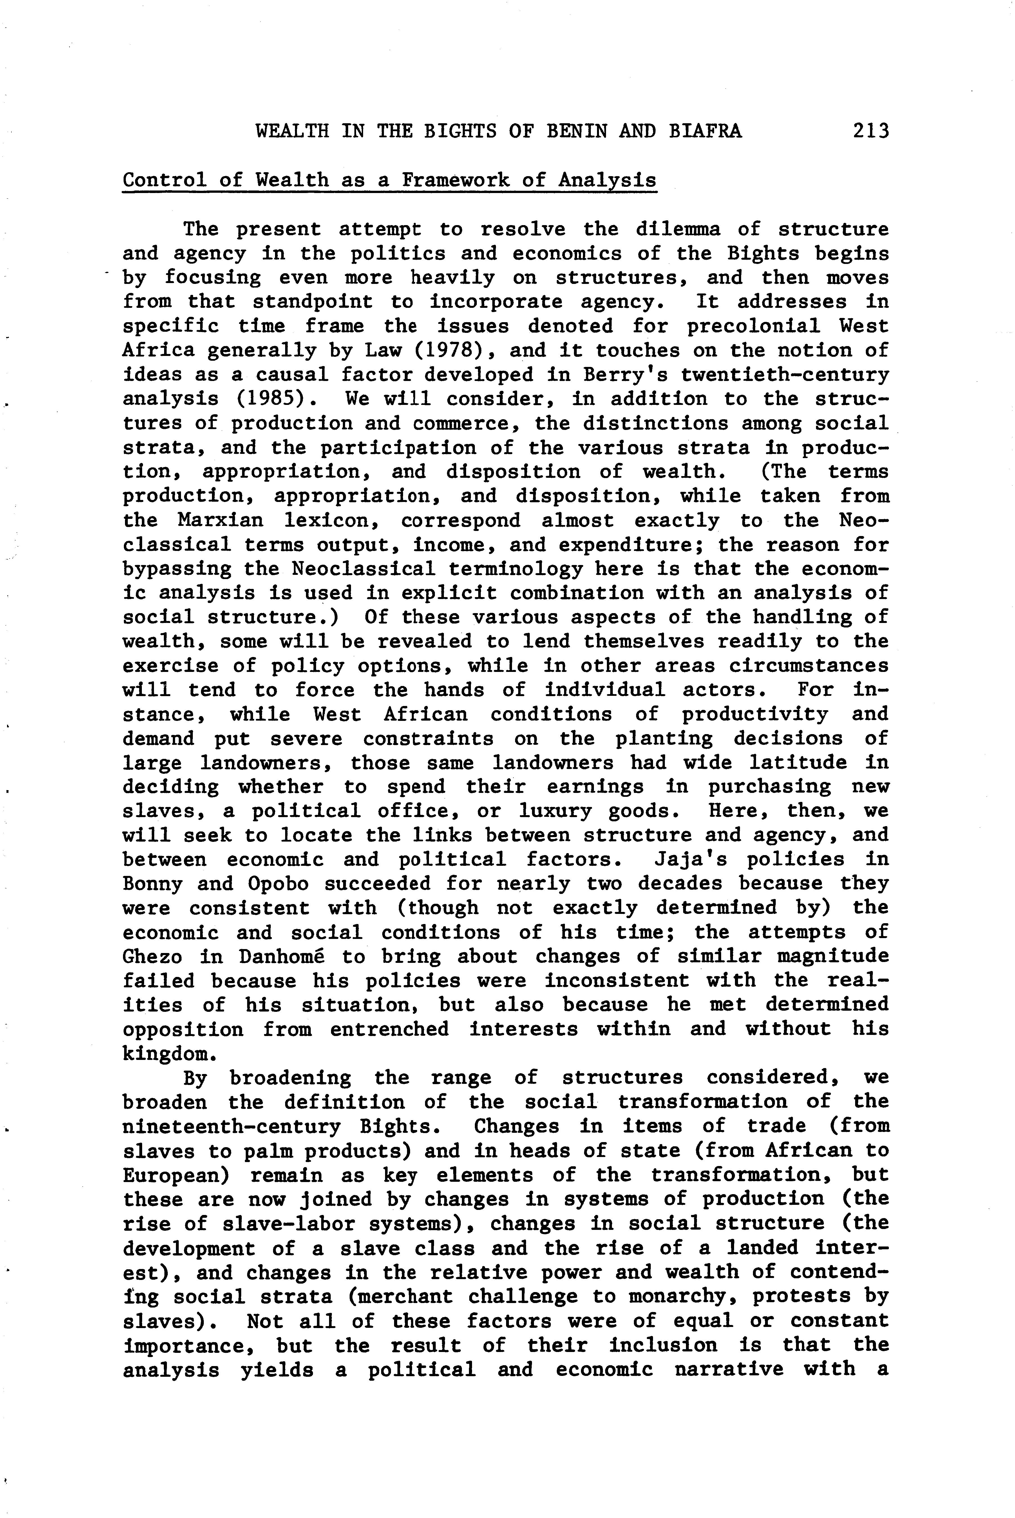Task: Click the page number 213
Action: click(871, 131)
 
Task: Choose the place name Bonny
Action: click(153, 884)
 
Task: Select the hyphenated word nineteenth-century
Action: click(231, 1127)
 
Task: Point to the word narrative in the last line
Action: click(729, 1369)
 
